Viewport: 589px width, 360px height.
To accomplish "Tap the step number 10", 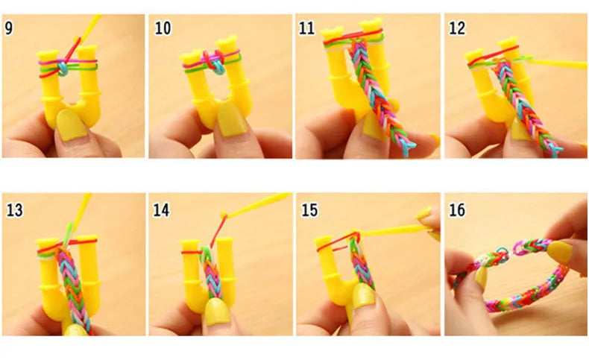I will [163, 28].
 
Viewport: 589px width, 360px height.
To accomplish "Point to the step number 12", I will [456, 28].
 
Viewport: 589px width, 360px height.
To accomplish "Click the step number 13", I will [14, 209].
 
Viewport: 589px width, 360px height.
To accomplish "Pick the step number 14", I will [162, 209].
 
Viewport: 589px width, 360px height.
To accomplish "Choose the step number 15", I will [309, 209].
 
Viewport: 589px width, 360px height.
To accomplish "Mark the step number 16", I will [456, 209].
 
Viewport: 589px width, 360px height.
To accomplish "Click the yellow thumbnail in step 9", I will [72, 122].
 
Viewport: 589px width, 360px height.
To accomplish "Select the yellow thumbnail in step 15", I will [363, 298].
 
